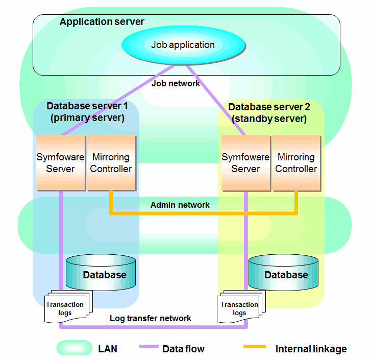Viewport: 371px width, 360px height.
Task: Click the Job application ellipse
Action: (x=183, y=45)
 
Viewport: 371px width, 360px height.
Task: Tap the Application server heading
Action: (x=102, y=22)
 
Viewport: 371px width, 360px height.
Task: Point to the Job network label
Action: (x=176, y=83)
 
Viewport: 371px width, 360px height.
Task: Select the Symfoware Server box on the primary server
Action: (x=61, y=162)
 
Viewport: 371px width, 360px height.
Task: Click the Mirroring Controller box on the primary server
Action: (x=111, y=162)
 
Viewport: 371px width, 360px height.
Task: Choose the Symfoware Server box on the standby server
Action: (x=246, y=162)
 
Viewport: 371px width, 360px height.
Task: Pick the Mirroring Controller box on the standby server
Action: (x=296, y=162)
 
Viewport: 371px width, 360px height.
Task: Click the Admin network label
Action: (x=180, y=205)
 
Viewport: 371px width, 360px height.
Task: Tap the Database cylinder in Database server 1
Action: (x=101, y=273)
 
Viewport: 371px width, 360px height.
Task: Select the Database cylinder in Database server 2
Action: (x=283, y=273)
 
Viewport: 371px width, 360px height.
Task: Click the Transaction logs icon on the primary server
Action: (x=68, y=307)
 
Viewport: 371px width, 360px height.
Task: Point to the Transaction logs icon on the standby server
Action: (x=241, y=307)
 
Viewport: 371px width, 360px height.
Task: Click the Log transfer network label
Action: (x=151, y=318)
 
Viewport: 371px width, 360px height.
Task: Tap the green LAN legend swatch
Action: (x=75, y=348)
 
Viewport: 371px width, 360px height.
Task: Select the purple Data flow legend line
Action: (x=149, y=346)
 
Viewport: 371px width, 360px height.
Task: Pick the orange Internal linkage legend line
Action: (x=255, y=347)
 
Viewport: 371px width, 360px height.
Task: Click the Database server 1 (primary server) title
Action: (x=87, y=112)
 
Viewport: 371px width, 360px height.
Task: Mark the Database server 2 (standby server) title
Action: (x=269, y=113)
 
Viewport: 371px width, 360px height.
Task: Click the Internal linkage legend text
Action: (x=311, y=349)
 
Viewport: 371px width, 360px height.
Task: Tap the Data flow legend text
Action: (x=184, y=349)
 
